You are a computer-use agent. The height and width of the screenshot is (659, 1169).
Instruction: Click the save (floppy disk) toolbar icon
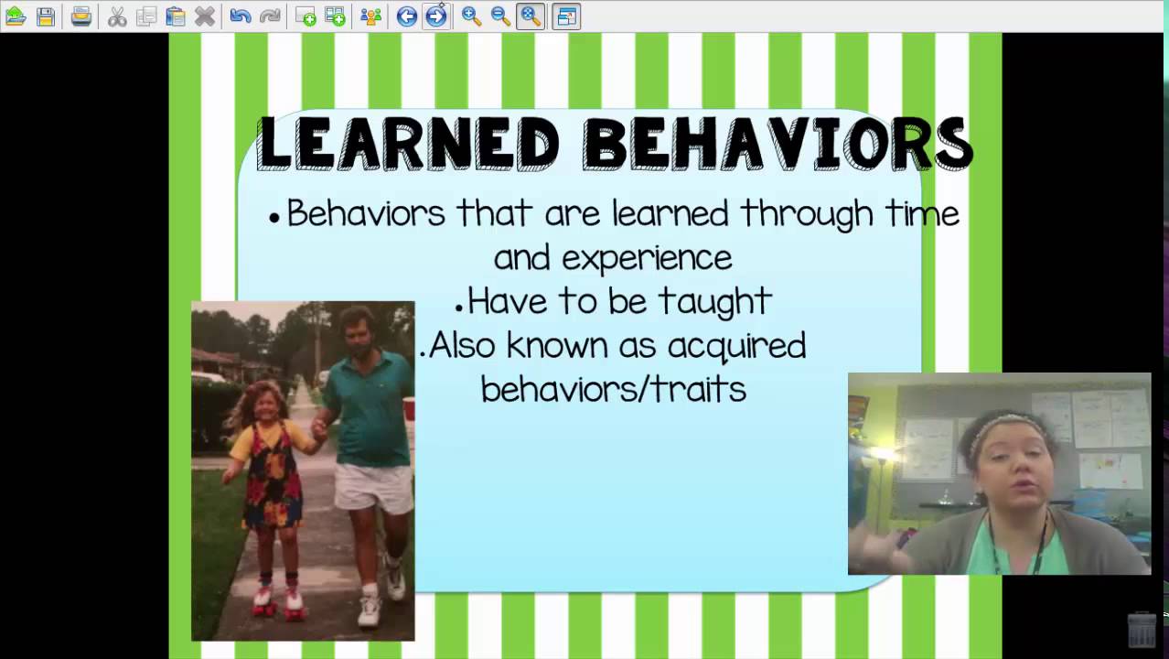[46, 16]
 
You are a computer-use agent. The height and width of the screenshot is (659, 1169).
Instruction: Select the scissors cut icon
[117, 16]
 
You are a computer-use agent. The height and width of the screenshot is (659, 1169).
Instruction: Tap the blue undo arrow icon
[240, 16]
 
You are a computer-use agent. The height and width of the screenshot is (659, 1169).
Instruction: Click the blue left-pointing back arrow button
[406, 16]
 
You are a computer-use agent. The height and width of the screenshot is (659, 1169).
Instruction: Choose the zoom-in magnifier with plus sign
[471, 16]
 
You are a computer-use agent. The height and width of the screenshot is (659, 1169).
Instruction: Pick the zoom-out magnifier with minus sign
[500, 16]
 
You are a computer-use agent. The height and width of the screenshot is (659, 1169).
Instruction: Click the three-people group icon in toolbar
[370, 16]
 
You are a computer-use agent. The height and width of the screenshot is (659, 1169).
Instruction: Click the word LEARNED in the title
[409, 144]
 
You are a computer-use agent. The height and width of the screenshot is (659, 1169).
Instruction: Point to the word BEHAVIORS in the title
[778, 144]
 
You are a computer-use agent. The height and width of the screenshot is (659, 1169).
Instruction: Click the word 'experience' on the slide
[647, 258]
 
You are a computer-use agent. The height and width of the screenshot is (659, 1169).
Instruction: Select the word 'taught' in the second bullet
[715, 302]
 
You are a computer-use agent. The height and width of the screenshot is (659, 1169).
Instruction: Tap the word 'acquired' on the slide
[737, 347]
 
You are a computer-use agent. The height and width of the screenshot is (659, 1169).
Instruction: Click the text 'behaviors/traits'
[614, 389]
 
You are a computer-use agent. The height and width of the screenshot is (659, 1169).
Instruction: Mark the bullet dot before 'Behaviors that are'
[274, 219]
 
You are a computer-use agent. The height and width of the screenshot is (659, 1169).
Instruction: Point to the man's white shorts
[373, 487]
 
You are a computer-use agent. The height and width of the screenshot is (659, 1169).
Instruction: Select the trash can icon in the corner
[1142, 630]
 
